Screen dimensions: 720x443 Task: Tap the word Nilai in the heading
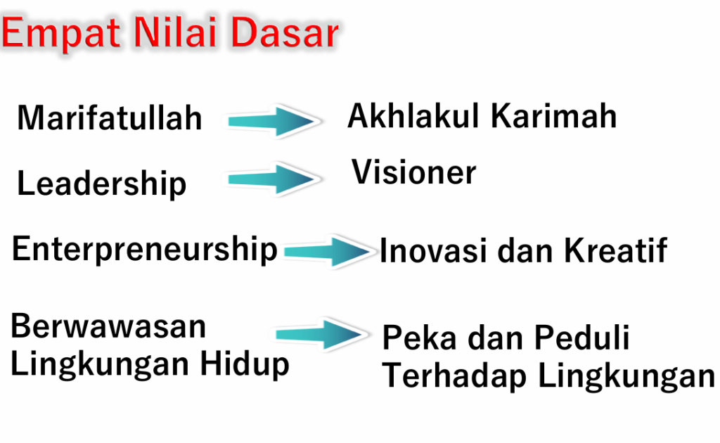coord(175,32)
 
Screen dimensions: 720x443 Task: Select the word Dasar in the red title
coord(285,32)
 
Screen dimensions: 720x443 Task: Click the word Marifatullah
coord(110,118)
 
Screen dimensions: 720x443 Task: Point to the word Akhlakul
coord(413,115)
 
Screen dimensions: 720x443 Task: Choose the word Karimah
coord(554,115)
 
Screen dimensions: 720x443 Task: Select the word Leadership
coord(101,184)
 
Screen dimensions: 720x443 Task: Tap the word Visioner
coord(413,172)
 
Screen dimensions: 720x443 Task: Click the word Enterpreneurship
coord(145,250)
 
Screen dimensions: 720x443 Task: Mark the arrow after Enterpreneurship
coord(328,251)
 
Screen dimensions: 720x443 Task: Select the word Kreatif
coord(616,250)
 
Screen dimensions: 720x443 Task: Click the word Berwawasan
coord(108,326)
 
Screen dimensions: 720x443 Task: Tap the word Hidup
coord(245,365)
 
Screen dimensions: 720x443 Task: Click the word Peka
coord(420,338)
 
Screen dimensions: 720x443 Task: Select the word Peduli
coord(581,338)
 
